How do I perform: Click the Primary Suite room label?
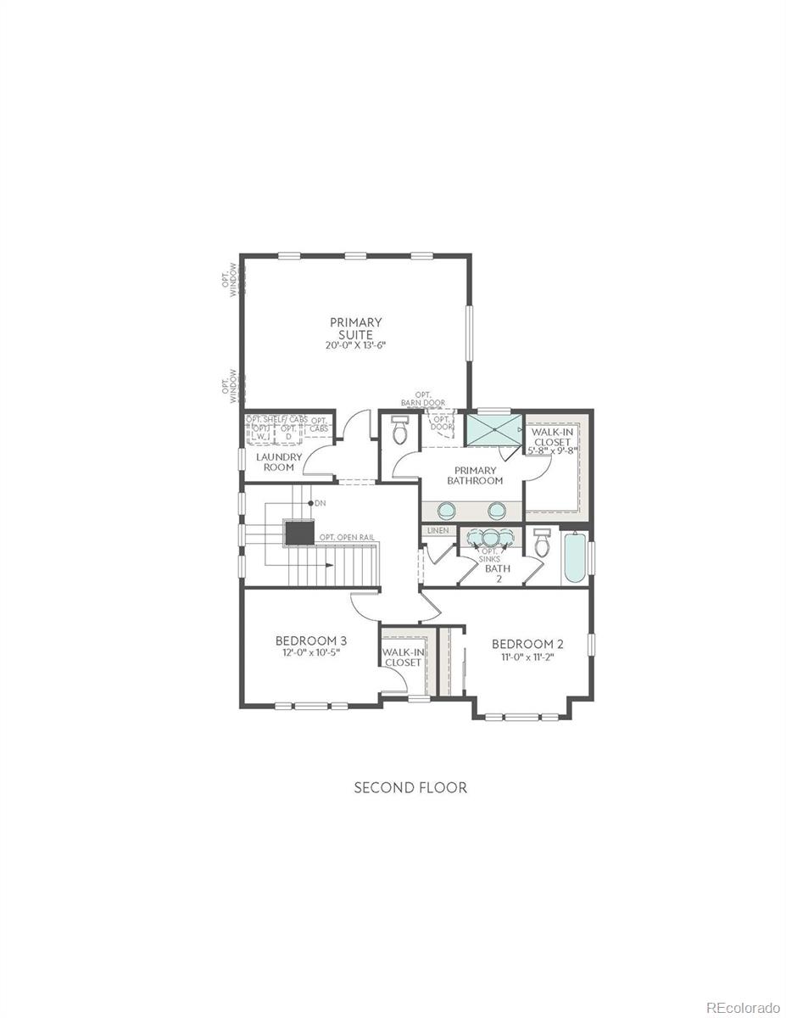tap(356, 328)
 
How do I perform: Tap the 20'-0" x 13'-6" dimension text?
tap(356, 346)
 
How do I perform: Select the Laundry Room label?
tap(279, 461)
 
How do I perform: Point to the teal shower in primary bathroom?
tap(492, 430)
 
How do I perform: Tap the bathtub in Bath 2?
tap(574, 557)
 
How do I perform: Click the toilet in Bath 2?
tap(543, 544)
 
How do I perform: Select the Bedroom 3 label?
tap(310, 640)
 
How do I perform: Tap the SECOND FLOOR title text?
tap(410, 788)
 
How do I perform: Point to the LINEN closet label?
tap(438, 531)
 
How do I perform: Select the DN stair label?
tap(320, 503)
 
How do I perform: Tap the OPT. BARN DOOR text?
tap(423, 399)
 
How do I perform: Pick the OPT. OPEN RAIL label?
tap(347, 538)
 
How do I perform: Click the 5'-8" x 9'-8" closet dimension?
tap(552, 450)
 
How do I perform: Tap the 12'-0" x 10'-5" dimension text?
tap(310, 652)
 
